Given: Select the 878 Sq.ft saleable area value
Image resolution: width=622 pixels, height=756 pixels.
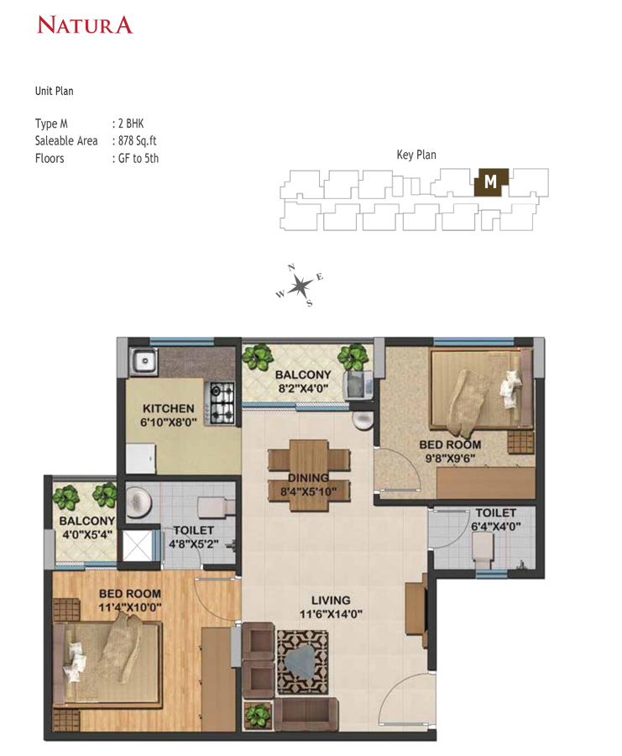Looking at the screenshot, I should click(x=134, y=141).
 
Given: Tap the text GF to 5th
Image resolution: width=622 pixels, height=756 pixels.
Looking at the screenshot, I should click(x=135, y=158).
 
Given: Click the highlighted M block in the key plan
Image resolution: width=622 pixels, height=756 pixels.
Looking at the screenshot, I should click(x=491, y=181).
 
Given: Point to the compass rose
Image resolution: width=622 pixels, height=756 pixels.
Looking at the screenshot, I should click(x=300, y=286).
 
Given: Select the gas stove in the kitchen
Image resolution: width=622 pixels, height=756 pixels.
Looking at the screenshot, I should click(x=222, y=402).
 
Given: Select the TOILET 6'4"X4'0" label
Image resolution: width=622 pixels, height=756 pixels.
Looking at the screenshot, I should click(x=496, y=520).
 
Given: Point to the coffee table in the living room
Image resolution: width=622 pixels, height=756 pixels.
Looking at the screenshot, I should click(x=303, y=659).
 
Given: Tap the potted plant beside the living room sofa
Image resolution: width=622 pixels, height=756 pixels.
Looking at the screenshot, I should click(x=257, y=715).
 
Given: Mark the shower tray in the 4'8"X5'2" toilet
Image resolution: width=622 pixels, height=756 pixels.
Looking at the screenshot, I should click(x=141, y=546).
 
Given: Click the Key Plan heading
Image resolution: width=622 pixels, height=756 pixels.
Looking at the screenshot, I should click(x=416, y=155).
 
